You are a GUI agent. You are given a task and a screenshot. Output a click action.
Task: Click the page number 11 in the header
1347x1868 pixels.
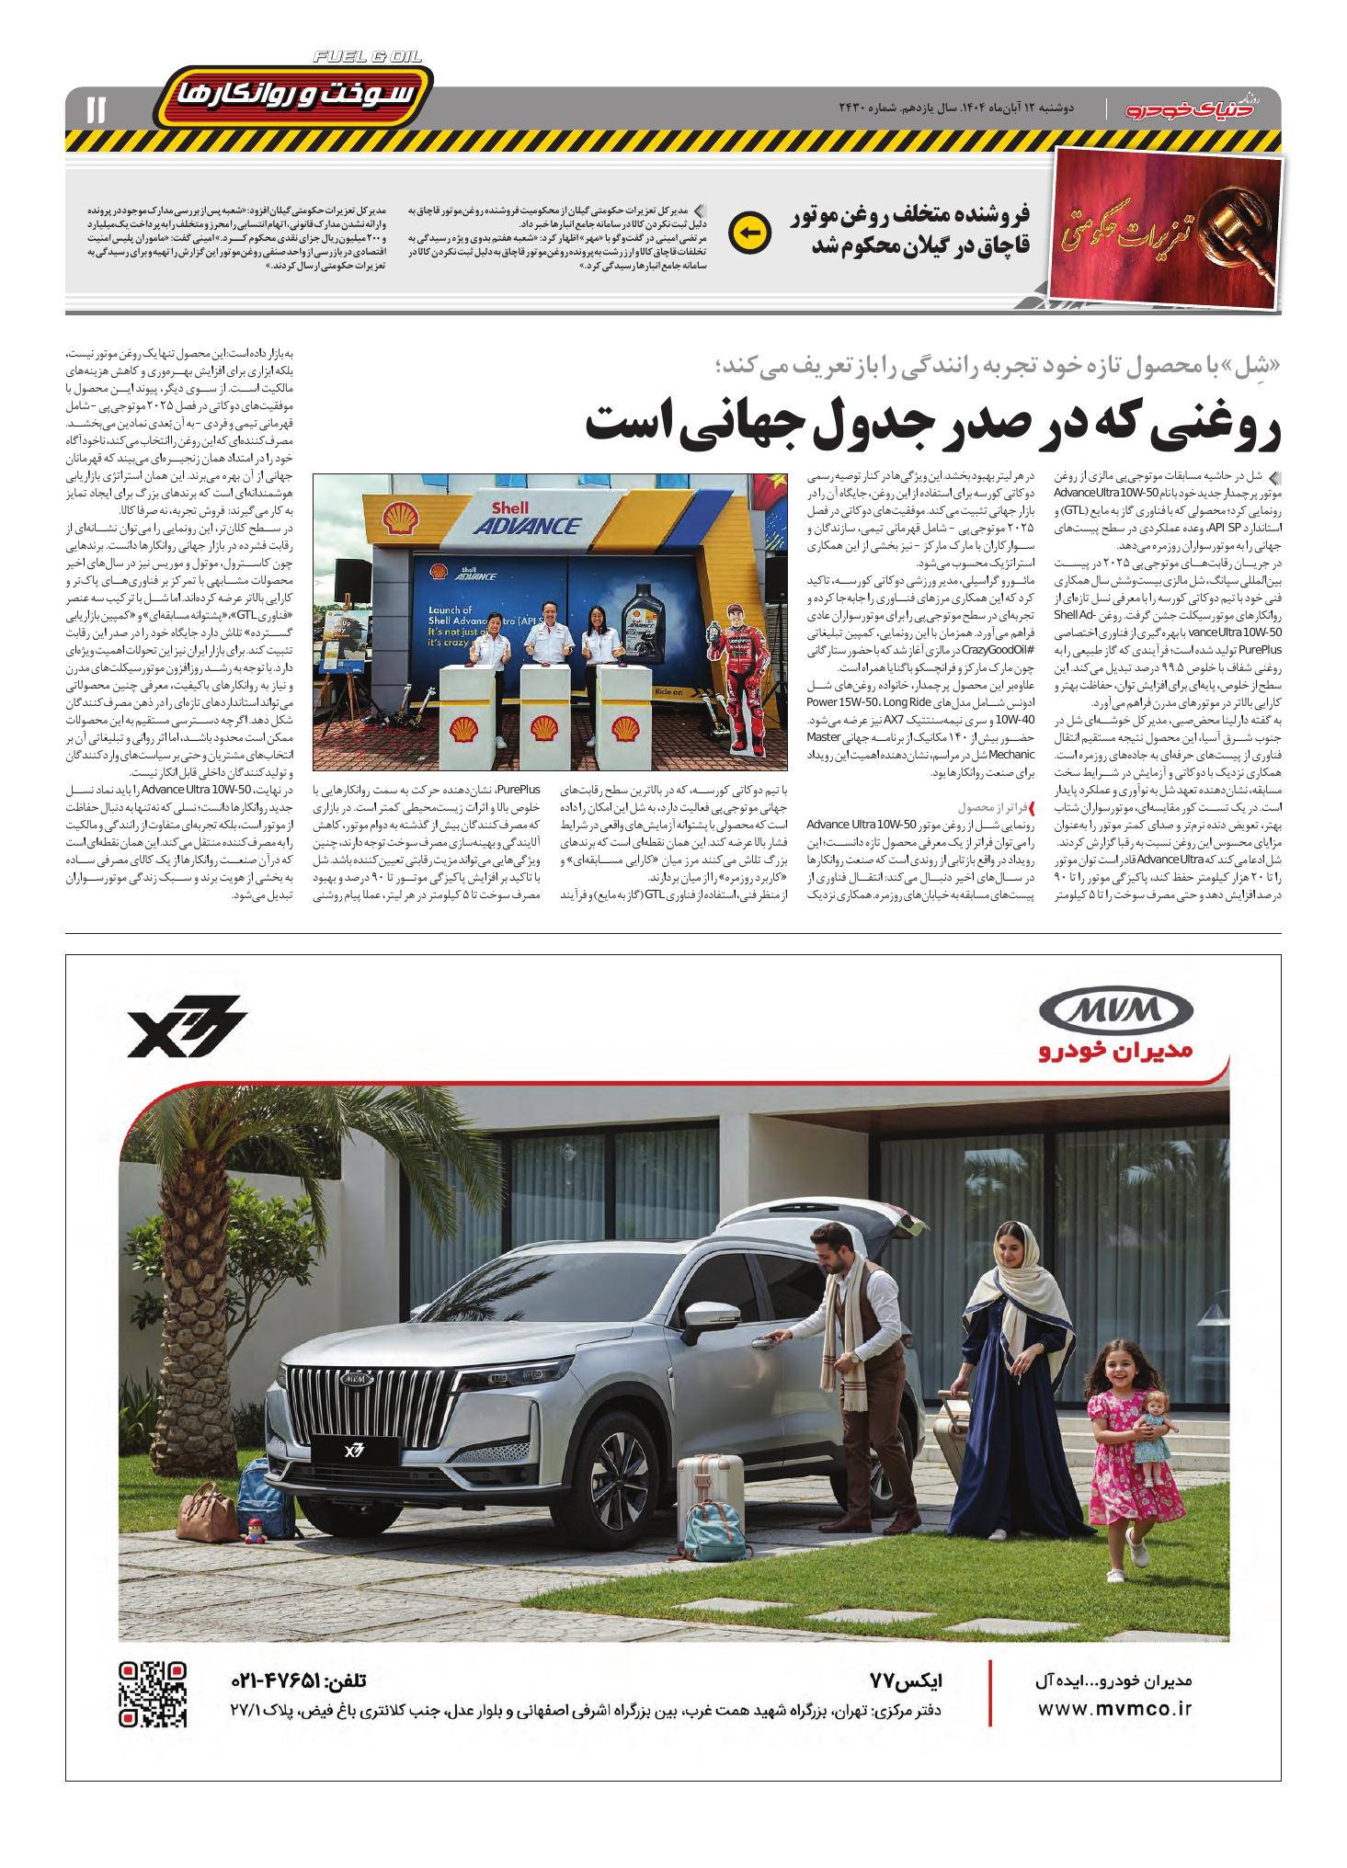tap(95, 110)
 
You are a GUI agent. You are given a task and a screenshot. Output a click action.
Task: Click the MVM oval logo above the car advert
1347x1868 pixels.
tap(1114, 1013)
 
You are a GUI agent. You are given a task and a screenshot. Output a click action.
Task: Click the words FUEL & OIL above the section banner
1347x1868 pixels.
tap(367, 57)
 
